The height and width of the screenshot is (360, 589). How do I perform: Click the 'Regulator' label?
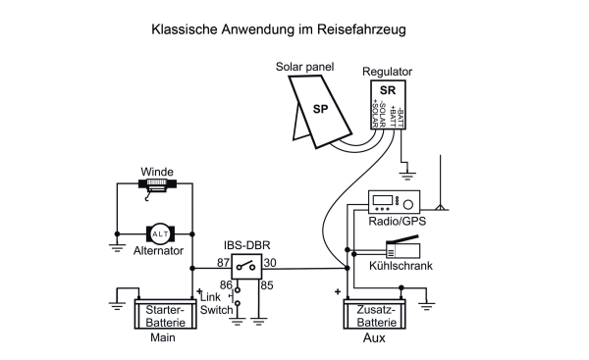point(387,73)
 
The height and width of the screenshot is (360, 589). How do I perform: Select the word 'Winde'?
point(158,171)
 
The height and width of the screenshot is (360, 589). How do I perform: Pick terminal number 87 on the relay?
point(224,263)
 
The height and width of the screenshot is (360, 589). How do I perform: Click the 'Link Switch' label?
point(217,303)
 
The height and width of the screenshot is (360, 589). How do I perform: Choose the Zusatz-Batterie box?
point(374,315)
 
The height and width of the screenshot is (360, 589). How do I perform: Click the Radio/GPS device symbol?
point(393,203)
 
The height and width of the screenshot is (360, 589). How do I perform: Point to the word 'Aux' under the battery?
point(374,338)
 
